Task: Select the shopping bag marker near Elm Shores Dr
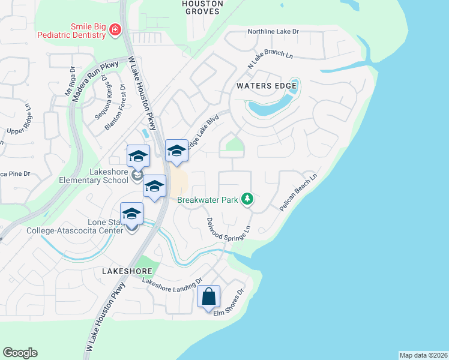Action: pos(208,298)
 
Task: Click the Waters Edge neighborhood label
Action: pos(266,86)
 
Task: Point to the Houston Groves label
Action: pos(202,7)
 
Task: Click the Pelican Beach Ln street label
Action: pos(298,192)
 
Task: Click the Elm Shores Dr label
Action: pos(229,304)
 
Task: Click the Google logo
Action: pos(20,353)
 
